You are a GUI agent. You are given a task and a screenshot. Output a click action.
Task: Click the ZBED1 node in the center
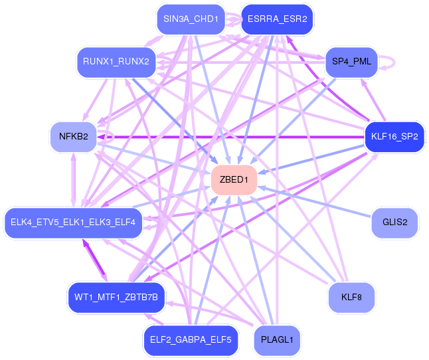234,180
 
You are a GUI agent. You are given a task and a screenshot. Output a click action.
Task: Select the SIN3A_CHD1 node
191,19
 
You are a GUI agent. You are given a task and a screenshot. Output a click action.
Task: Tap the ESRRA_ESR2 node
277,19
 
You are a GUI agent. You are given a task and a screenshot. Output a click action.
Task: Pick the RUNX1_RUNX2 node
116,62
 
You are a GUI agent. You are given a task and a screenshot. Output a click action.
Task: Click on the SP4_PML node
351,62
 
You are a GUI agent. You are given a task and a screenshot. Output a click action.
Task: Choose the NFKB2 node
74,137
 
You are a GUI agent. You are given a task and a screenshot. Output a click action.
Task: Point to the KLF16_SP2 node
394,137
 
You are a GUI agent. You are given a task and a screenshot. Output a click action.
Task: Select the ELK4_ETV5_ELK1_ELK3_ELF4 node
73,223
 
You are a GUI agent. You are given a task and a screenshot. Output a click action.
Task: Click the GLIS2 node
395,223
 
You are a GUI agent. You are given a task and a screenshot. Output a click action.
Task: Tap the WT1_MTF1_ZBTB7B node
116,298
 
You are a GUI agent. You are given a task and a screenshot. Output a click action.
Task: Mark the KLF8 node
351,298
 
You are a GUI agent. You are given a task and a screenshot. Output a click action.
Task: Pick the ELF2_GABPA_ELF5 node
191,340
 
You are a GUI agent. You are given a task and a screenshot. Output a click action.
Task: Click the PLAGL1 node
277,340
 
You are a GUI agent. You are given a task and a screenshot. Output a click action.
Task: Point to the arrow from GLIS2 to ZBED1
315,202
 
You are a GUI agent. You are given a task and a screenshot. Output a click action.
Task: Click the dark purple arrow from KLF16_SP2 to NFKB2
231,137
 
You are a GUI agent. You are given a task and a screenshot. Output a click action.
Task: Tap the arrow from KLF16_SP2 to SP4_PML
373,100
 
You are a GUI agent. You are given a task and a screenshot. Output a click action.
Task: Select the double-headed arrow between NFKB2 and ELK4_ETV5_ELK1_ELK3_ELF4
73,180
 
